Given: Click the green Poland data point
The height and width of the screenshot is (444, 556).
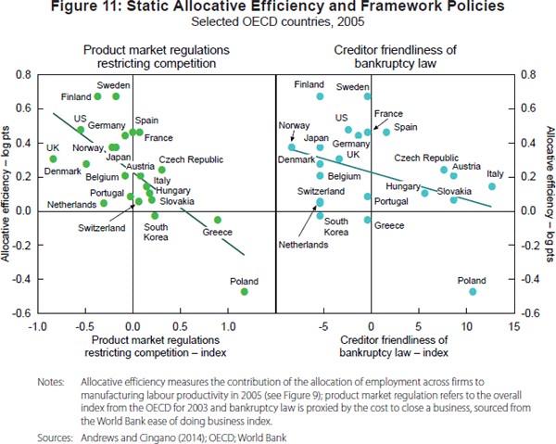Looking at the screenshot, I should coord(245,292).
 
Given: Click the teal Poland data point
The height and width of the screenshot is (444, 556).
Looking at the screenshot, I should coord(473,292).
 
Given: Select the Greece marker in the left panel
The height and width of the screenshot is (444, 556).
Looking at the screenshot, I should coord(218,220).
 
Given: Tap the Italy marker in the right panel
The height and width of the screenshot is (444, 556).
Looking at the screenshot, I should coord(492,186).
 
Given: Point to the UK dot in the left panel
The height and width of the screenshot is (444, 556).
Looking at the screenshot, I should coord(53,159).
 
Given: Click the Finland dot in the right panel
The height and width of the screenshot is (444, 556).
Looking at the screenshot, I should coord(321,96).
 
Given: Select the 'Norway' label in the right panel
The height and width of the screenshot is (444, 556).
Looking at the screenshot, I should coord(294,125).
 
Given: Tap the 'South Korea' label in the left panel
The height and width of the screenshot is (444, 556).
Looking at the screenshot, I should coord(155,232).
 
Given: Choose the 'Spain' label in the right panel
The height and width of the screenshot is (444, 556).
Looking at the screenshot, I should coord(406,127).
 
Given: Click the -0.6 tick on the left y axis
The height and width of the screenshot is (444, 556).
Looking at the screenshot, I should coord(21,313).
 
